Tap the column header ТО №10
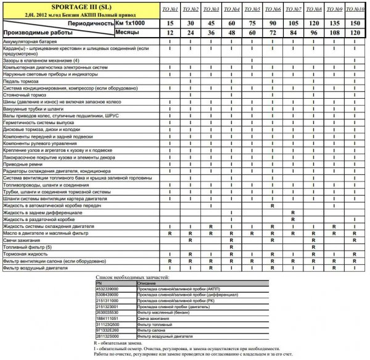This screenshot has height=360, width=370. click(355, 10)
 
